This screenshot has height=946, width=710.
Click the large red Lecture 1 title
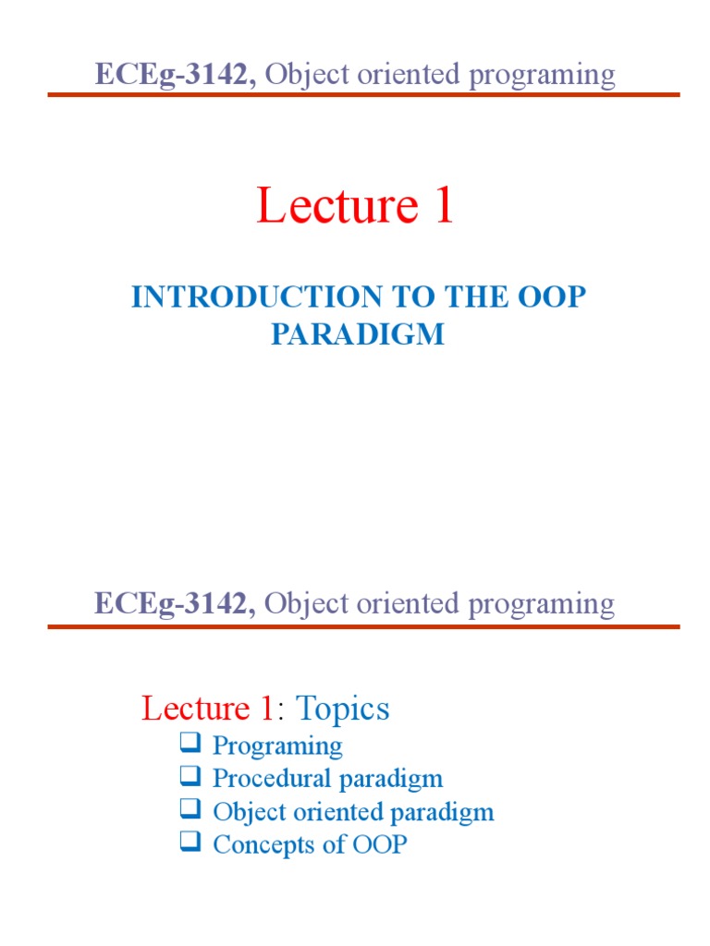click(355, 205)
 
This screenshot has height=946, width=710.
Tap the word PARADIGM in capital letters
click(358, 334)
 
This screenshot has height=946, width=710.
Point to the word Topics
click(342, 709)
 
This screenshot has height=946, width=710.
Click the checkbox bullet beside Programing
click(190, 742)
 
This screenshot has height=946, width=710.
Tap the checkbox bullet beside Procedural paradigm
click(190, 775)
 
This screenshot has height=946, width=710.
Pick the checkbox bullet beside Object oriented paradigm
click(190, 808)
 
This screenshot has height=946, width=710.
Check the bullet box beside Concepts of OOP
click(190, 841)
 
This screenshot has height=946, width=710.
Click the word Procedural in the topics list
click(272, 778)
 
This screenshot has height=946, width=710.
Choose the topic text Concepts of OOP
click(310, 844)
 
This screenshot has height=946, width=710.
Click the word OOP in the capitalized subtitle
click(552, 297)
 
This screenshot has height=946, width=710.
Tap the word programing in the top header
click(542, 76)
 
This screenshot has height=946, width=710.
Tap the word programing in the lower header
click(542, 604)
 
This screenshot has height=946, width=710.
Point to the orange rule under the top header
click(363, 95)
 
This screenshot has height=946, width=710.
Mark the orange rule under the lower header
click(363, 627)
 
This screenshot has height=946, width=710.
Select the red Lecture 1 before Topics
click(208, 709)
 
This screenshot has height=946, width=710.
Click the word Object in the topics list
click(250, 812)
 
